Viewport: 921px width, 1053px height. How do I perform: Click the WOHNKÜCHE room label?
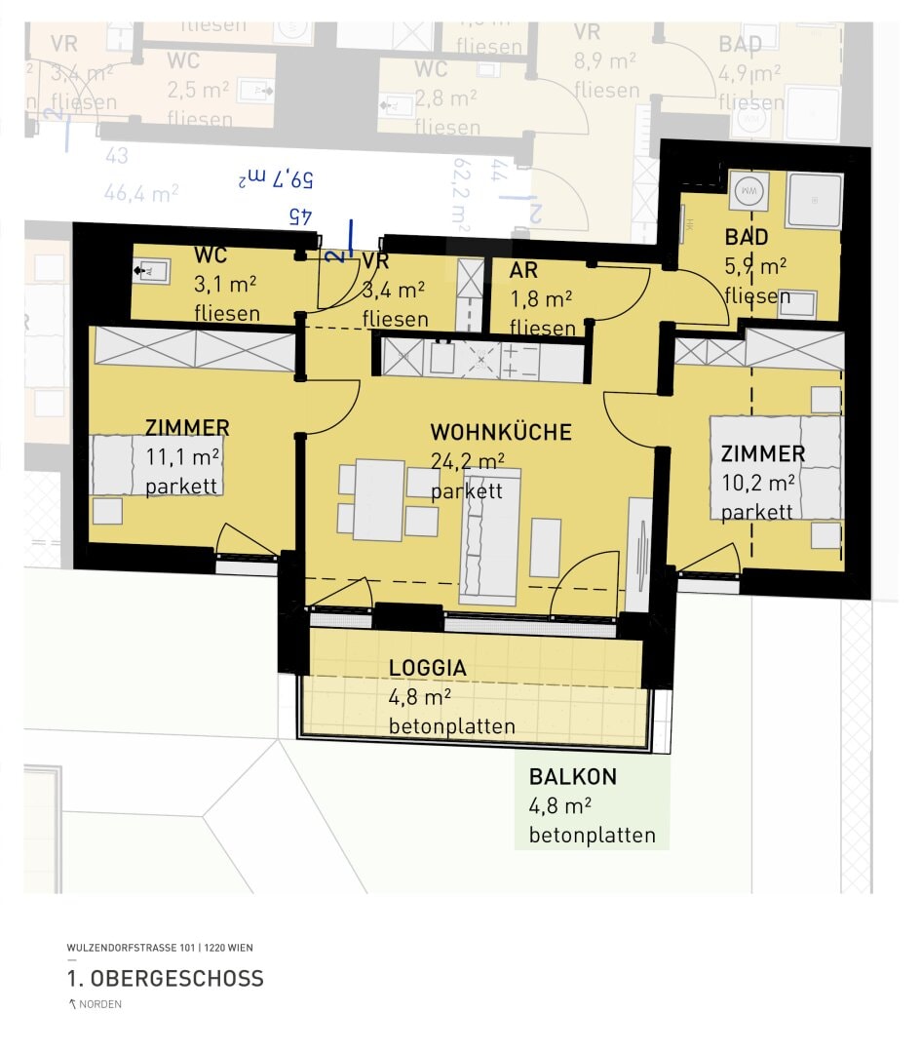[x=500, y=432]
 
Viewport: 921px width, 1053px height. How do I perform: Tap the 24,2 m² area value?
[x=467, y=461]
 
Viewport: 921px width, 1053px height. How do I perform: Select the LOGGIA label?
[x=427, y=669]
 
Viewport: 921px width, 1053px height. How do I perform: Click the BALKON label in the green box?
[x=573, y=777]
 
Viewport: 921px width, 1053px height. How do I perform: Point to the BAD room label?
[x=746, y=237]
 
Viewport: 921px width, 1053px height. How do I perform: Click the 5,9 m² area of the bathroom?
[x=755, y=266]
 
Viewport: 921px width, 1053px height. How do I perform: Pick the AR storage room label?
[x=523, y=271]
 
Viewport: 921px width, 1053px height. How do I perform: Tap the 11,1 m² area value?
[x=183, y=456]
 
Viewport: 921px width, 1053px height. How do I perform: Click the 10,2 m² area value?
[x=758, y=482]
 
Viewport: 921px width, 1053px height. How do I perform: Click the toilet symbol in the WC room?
[x=153, y=269]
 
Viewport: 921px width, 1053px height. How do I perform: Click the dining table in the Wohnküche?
[x=378, y=499]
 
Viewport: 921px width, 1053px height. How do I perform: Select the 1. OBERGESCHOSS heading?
[x=165, y=978]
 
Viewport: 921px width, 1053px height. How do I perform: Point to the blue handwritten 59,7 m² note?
[x=278, y=178]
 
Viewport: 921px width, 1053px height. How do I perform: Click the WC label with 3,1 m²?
[x=211, y=255]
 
